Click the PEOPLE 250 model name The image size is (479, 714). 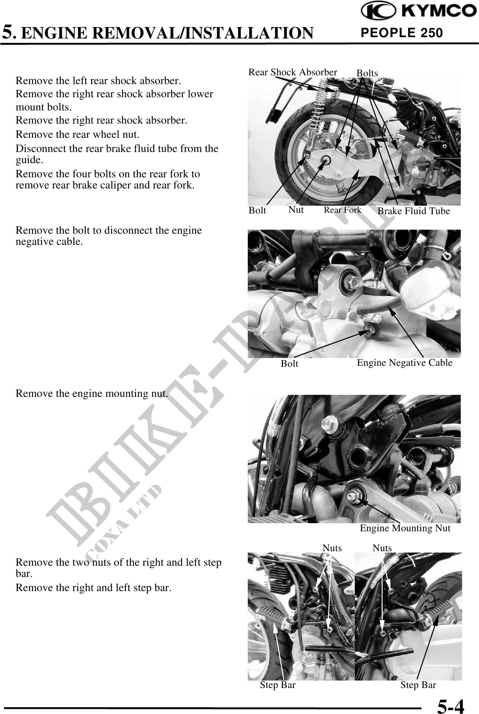(402, 33)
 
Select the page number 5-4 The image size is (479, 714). (451, 705)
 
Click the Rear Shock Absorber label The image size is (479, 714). (293, 72)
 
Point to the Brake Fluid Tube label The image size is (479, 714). (414, 211)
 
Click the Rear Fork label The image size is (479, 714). (343, 210)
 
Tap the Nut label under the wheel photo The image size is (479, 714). (296, 209)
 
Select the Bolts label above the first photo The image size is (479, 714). (367, 73)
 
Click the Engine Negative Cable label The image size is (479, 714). (405, 362)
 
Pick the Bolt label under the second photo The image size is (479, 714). (290, 363)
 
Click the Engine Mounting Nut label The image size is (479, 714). (405, 528)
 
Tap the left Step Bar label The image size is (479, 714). (278, 685)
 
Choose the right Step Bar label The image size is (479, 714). (418, 685)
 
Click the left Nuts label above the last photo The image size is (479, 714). (332, 548)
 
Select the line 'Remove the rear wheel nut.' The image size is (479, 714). (78, 134)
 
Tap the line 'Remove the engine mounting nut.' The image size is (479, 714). (92, 393)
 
